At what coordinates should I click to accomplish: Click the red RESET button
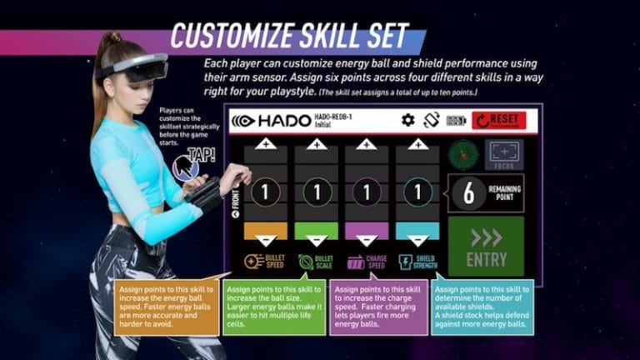(498, 120)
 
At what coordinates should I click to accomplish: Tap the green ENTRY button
(486, 247)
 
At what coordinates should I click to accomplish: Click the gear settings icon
(407, 120)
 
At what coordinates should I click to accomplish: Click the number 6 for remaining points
(469, 192)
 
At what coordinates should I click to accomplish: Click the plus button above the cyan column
(417, 143)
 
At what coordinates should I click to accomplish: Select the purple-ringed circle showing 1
(367, 192)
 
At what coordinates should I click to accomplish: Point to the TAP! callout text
(201, 154)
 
